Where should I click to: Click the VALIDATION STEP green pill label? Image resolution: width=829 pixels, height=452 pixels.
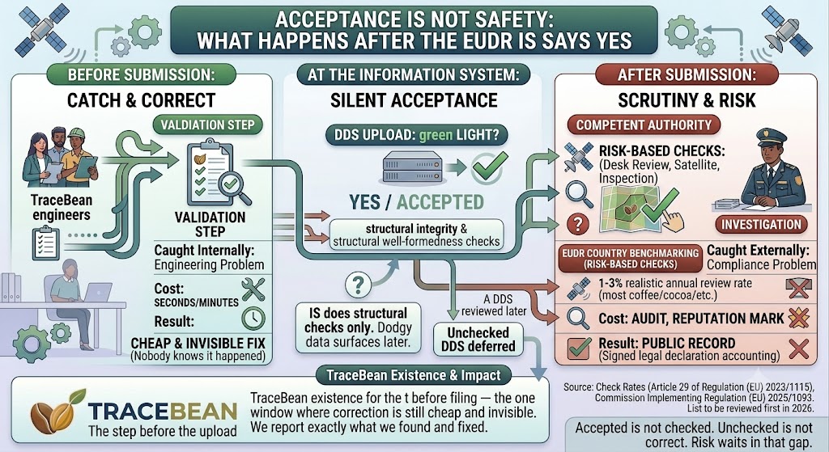208,125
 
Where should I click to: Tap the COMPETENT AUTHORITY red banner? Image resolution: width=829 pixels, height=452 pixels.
644,125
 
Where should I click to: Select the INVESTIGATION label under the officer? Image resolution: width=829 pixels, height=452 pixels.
761,225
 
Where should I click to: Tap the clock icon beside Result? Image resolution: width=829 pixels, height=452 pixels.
253,318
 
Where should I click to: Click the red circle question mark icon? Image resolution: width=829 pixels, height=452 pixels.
577,224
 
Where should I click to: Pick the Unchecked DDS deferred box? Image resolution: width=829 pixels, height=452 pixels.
478,340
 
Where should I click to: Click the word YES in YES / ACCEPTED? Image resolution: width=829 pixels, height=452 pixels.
364,202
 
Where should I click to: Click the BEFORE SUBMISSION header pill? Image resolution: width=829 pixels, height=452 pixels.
141,74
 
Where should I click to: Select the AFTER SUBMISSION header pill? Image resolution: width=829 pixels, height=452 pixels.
687,74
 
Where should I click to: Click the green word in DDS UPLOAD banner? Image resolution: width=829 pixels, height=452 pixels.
436,135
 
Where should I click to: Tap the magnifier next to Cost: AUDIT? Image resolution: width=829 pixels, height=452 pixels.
578,318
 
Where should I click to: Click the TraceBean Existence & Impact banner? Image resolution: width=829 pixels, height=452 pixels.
413,375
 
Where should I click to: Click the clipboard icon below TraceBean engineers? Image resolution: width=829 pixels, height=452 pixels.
45,243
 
